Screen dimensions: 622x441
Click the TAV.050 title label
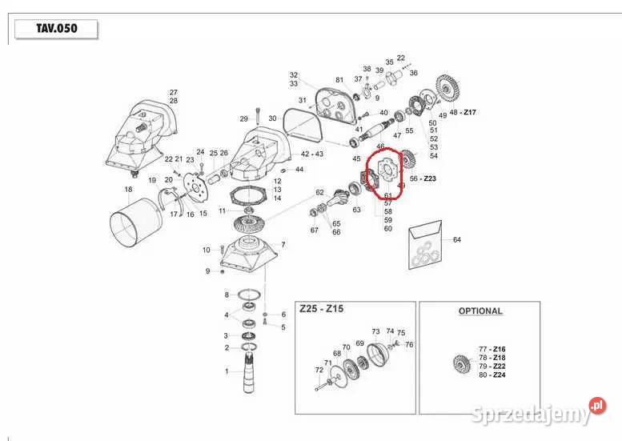coord(56,29)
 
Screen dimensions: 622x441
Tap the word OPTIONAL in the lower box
coord(480,311)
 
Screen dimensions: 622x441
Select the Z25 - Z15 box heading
coord(321,309)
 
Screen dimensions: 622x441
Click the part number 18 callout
coord(128,189)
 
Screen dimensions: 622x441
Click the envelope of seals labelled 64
coord(425,245)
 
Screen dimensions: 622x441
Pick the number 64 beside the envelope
coord(457,239)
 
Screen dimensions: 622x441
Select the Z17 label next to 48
coord(470,112)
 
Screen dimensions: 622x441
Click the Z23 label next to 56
coord(430,178)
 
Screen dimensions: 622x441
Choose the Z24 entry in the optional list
coord(499,375)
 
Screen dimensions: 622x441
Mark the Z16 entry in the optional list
coord(499,349)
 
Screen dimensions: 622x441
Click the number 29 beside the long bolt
coord(244,118)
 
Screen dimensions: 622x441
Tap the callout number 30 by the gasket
coord(272,118)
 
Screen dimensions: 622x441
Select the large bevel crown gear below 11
coord(250,226)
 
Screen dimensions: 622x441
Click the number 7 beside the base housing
coord(283,245)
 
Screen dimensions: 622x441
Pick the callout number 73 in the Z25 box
coord(375,331)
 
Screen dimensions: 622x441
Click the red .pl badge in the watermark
coord(598,406)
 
